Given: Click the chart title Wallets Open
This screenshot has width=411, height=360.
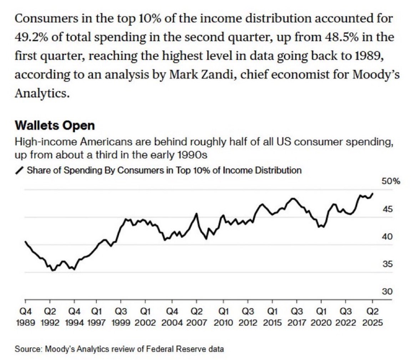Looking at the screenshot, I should click(x=55, y=126).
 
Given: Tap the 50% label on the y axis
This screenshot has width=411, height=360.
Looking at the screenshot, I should click(x=391, y=181).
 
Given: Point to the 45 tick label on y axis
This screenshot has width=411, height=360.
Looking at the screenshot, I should click(x=387, y=209).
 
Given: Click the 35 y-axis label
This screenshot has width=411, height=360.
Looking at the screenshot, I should click(x=387, y=264).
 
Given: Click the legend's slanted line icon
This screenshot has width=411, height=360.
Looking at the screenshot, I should click(x=20, y=170).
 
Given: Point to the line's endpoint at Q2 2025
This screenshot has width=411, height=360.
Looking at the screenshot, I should click(x=373, y=194).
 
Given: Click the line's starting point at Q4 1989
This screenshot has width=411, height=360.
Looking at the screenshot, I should click(x=25, y=241).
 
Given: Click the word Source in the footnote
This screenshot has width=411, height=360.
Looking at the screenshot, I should click(x=25, y=349).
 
